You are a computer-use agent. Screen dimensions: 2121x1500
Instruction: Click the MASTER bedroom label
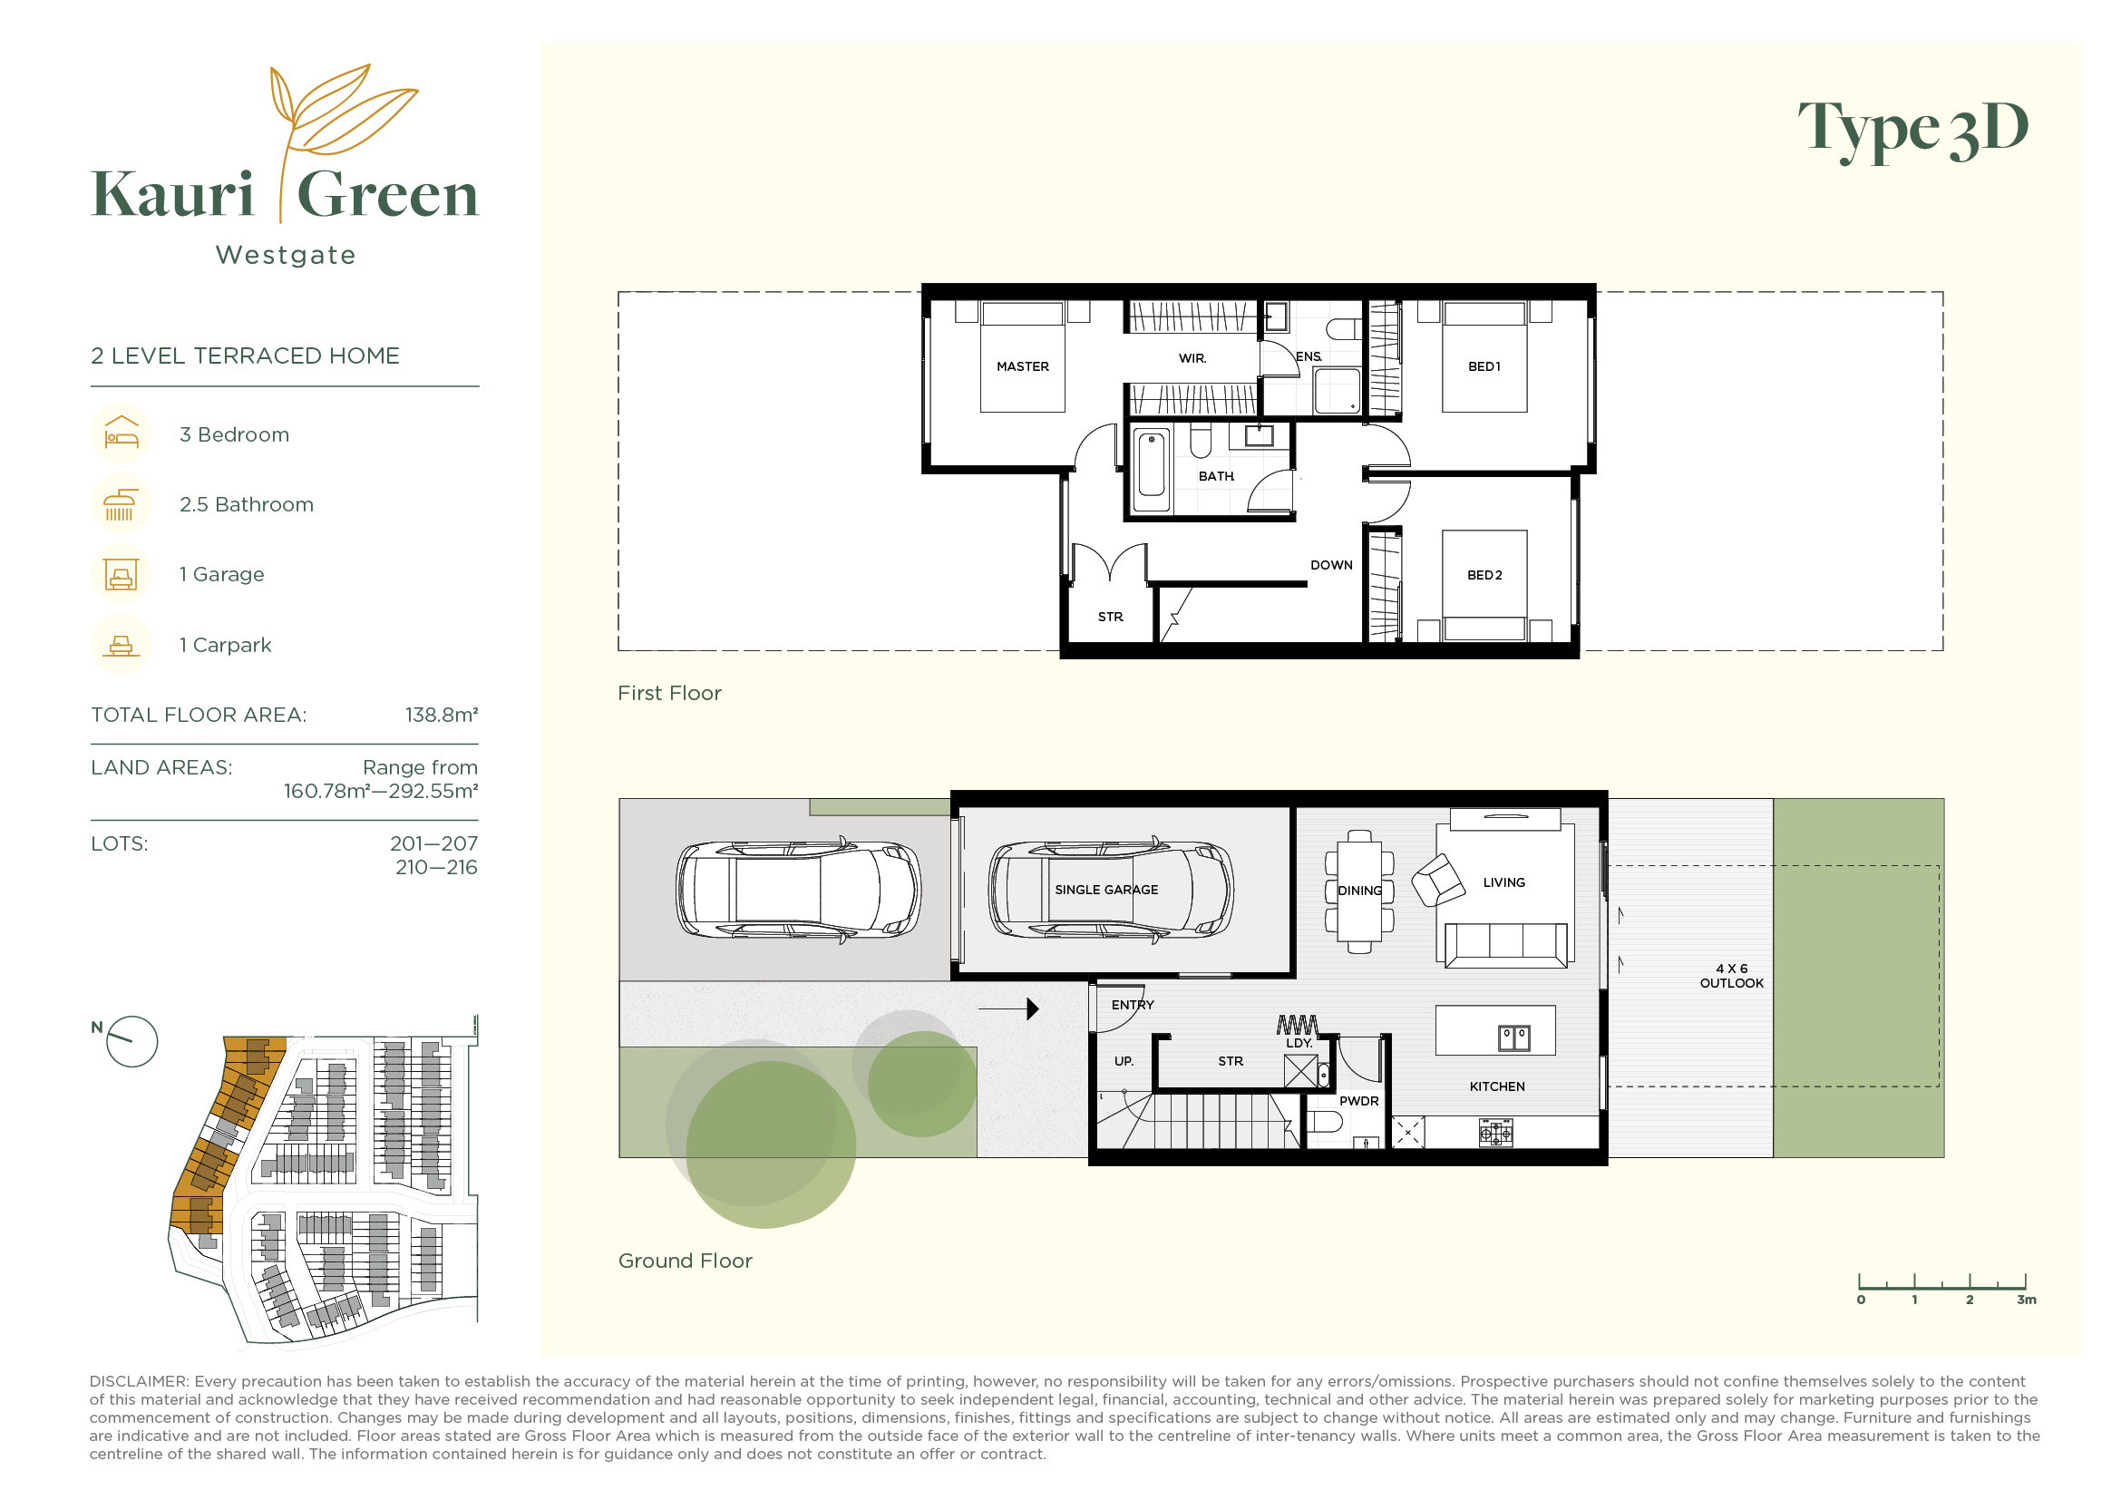[x=1023, y=366]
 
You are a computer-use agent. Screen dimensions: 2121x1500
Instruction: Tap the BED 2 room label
[x=1484, y=576]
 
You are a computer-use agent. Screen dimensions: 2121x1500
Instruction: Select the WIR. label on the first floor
[x=1192, y=358]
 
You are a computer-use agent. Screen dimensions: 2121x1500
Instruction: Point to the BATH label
[x=1217, y=477]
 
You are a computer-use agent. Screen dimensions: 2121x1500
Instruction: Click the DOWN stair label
[x=1331, y=565]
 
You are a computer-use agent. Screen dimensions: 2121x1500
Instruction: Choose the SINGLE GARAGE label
[x=1106, y=891]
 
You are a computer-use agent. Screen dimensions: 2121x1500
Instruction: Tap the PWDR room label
[x=1359, y=1102]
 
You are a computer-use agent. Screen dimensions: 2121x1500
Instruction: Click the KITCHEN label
[x=1497, y=1087]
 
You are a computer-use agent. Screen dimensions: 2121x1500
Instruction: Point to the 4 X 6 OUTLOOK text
[x=1732, y=977]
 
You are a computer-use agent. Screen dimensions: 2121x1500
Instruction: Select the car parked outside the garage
[x=798, y=891]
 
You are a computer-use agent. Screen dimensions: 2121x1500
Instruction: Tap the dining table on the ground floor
[x=1360, y=892]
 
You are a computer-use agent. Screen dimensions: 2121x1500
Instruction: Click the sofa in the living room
[x=1507, y=946]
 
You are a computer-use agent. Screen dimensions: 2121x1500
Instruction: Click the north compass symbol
[x=131, y=1042]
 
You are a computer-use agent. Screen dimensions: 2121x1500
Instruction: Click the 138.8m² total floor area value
[x=442, y=715]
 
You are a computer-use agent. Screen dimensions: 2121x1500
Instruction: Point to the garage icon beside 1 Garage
[x=121, y=574]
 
